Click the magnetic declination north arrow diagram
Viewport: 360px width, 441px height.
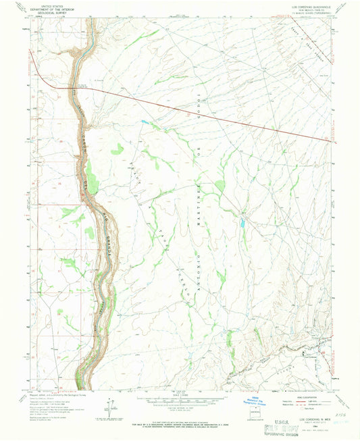coord(107,408)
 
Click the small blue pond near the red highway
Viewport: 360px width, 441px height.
coord(145,122)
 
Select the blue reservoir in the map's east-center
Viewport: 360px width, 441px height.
coord(240,221)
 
